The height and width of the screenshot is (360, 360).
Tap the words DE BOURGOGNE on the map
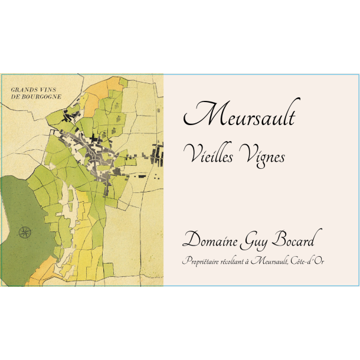[x=35, y=97]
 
